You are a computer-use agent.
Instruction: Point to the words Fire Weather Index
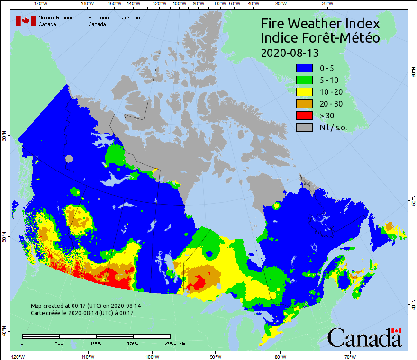pyautogui.click(x=320, y=24)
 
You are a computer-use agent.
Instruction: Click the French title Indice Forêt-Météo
pyautogui.click(x=320, y=38)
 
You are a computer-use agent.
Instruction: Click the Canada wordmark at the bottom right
pyautogui.click(x=364, y=337)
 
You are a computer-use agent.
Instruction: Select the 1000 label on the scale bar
pyautogui.click(x=96, y=343)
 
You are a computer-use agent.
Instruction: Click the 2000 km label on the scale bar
pyautogui.click(x=175, y=343)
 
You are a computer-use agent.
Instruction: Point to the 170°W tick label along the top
pyautogui.click(x=41, y=4)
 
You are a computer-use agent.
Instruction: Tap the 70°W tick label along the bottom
pyautogui.click(x=350, y=356)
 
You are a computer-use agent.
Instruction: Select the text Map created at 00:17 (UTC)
pyautogui.click(x=86, y=306)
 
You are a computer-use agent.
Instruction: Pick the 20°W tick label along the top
pyautogui.click(x=326, y=4)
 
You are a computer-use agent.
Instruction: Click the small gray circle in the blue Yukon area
pyautogui.click(x=69, y=159)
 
